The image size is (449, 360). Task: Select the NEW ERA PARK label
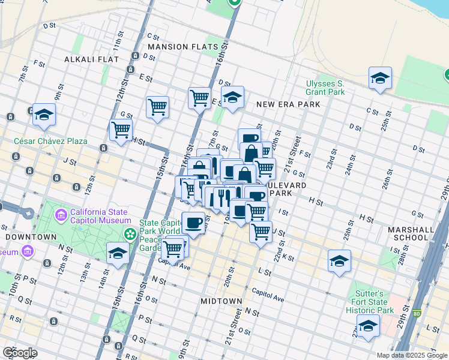(x=288, y=104)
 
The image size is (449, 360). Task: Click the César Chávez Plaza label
(x=51, y=142)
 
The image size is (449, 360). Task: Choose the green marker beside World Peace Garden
(x=128, y=232)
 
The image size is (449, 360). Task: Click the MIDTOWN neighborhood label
(x=221, y=301)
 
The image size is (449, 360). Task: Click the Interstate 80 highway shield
(x=417, y=313)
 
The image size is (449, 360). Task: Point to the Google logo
(x=20, y=352)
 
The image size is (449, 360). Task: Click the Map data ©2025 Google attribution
(x=411, y=355)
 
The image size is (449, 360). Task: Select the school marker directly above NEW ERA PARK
(x=232, y=97)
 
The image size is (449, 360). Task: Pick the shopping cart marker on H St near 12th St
(x=121, y=130)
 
